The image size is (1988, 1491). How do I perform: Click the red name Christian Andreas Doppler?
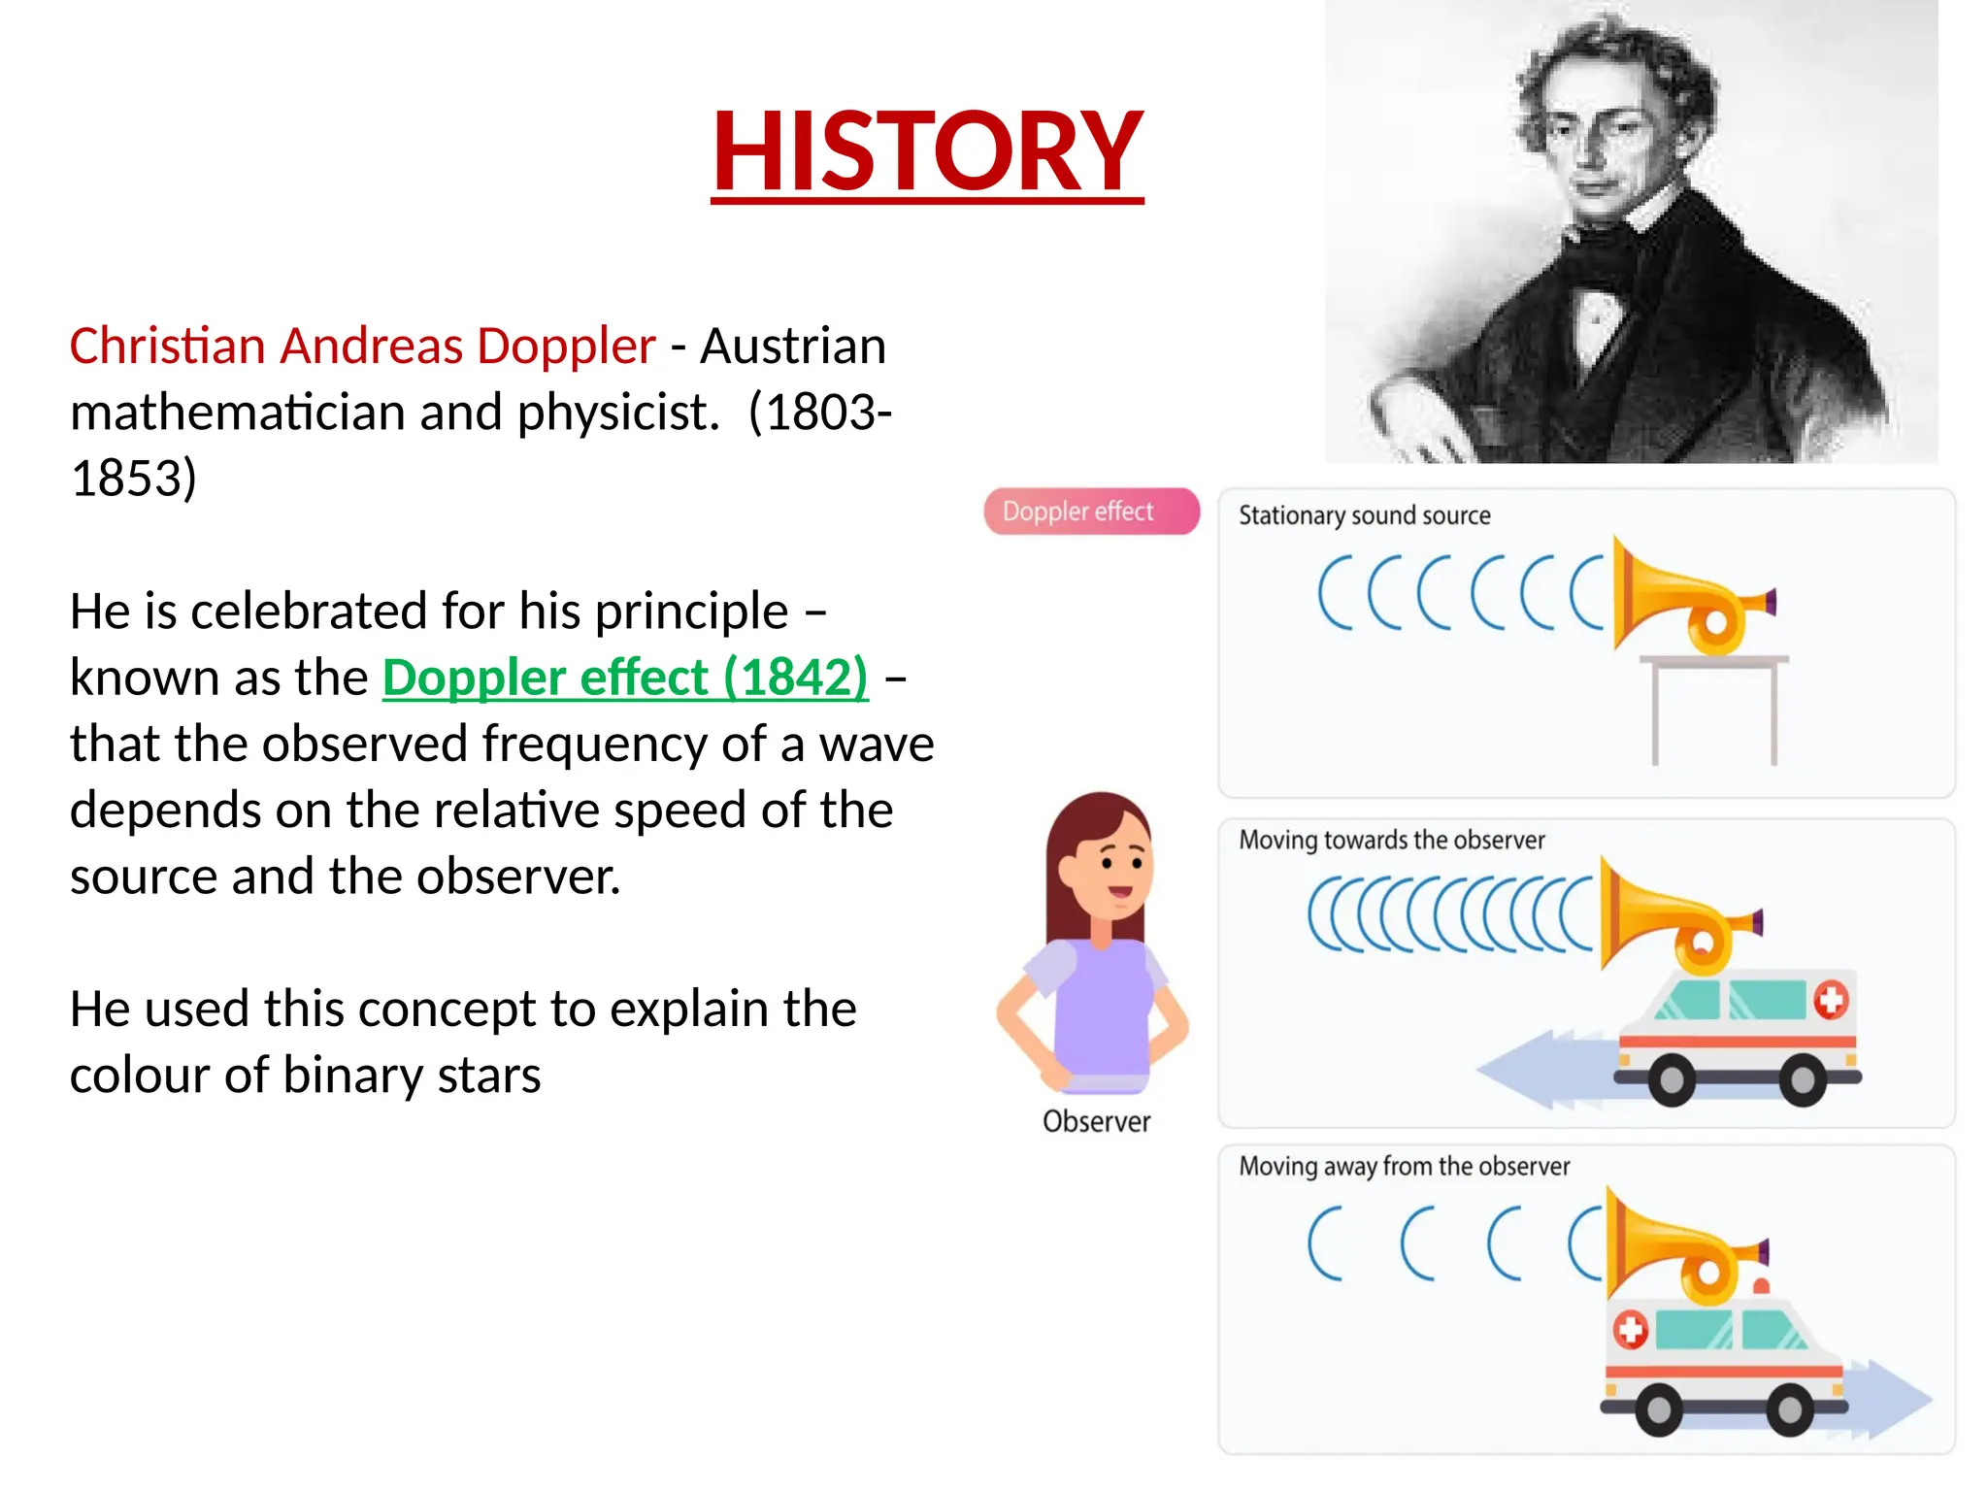click(x=362, y=347)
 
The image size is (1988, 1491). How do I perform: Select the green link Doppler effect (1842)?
click(x=624, y=678)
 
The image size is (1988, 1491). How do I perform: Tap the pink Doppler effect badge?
click(x=1091, y=512)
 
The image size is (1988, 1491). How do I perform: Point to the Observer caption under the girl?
click(x=1096, y=1122)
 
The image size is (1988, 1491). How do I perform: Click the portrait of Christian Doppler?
click(x=1631, y=233)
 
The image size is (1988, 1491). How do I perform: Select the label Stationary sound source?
click(x=1364, y=515)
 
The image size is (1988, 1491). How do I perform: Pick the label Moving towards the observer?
click(x=1391, y=840)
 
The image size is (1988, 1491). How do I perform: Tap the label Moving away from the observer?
click(x=1404, y=1166)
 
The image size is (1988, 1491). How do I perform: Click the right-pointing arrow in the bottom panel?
click(x=1888, y=1399)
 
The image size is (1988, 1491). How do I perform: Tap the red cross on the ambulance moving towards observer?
click(x=1831, y=1000)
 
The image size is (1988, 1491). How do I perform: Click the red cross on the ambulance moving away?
click(x=1630, y=1330)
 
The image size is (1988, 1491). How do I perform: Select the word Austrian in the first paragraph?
click(x=793, y=347)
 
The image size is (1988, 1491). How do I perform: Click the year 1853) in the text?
click(x=134, y=479)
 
